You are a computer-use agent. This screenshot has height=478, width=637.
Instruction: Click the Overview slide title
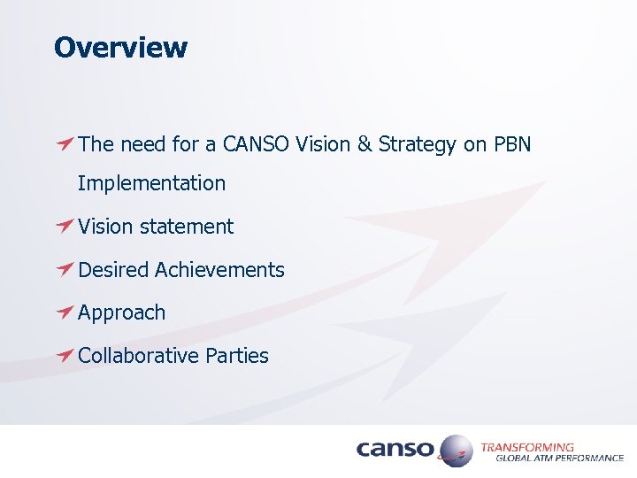click(120, 47)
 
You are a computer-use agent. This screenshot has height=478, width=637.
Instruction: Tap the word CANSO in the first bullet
click(256, 143)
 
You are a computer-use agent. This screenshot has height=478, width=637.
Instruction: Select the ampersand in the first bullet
click(365, 143)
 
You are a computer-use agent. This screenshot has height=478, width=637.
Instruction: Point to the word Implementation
click(151, 183)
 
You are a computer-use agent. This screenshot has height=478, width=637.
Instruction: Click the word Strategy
click(418, 144)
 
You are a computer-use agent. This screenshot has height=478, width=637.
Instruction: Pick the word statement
click(189, 227)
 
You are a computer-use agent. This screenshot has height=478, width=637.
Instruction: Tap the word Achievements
click(219, 269)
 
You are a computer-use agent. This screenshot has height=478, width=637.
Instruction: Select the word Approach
click(121, 312)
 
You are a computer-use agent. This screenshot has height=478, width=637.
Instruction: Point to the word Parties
click(237, 355)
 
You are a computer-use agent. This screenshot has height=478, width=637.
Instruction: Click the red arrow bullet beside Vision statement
click(64, 226)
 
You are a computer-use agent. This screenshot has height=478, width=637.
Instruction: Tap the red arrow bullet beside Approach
click(64, 312)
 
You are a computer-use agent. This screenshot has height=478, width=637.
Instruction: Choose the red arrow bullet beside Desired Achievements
click(64, 268)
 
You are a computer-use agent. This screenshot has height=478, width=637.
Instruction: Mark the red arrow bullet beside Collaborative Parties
click(64, 354)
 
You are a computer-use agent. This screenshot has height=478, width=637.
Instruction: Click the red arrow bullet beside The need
click(64, 143)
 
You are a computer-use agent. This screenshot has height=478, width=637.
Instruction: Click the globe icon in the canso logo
click(456, 450)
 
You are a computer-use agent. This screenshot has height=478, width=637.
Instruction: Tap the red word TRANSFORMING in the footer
click(526, 447)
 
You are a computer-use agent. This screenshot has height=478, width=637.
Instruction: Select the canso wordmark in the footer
click(395, 450)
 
